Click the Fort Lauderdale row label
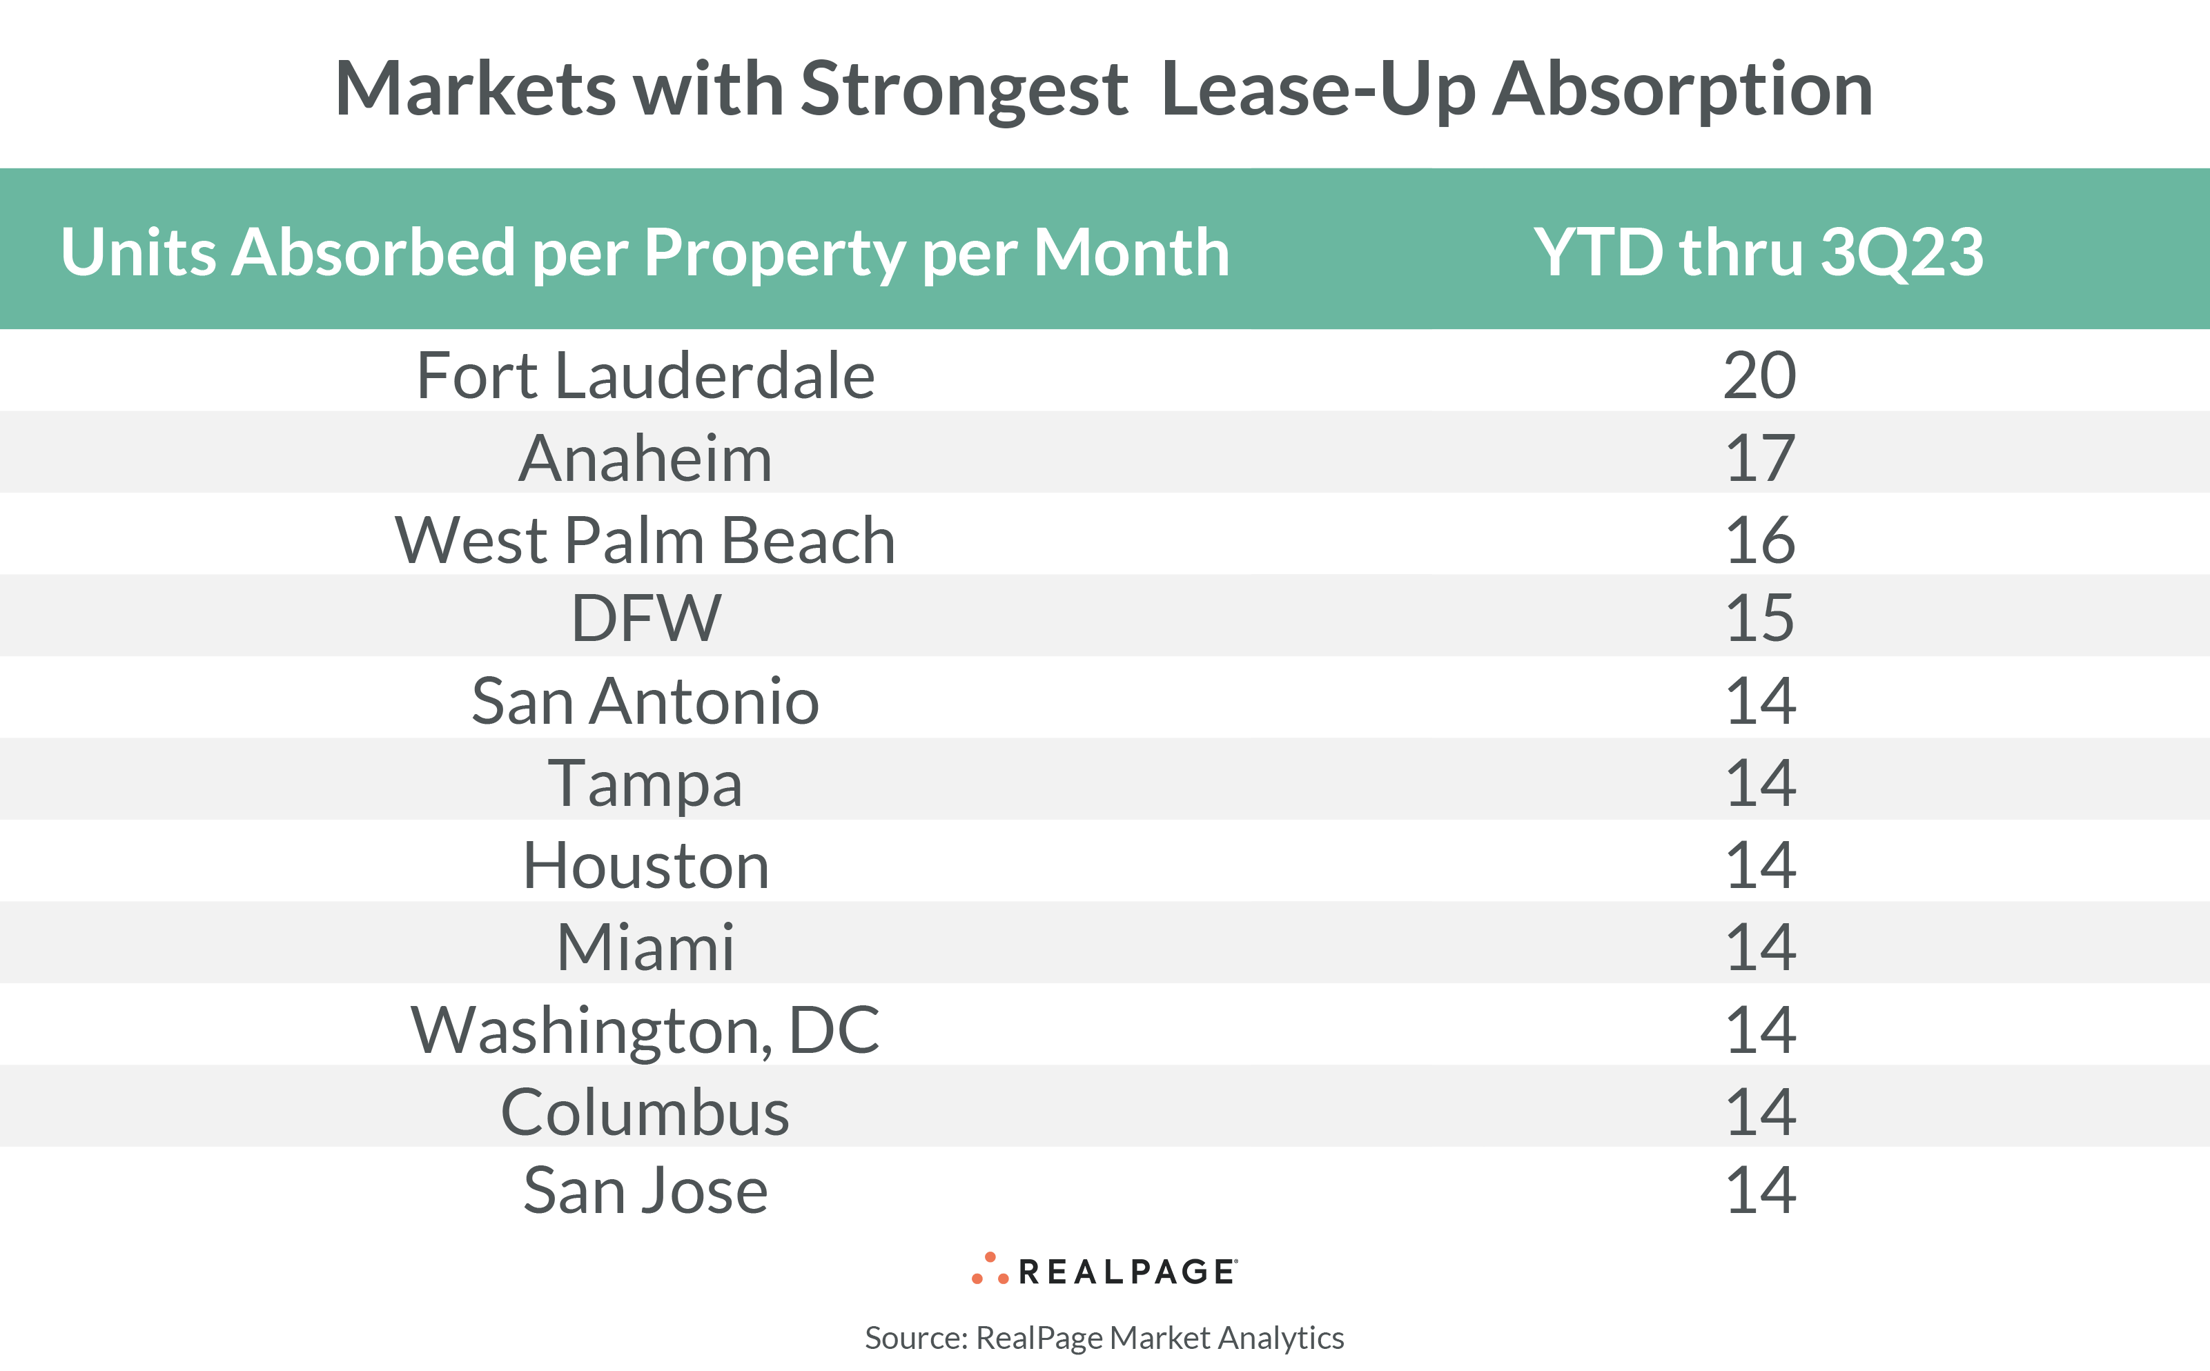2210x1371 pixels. coord(645,375)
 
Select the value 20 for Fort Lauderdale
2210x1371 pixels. coord(1759,375)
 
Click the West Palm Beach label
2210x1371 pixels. coord(645,540)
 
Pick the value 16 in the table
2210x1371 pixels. coord(1759,540)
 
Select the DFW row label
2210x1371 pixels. coord(645,618)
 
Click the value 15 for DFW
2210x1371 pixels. coord(1759,618)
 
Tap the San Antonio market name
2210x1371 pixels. coord(645,701)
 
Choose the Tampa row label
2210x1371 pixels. coord(645,783)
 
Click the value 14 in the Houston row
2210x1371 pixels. coord(1759,865)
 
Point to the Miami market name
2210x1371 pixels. coord(645,947)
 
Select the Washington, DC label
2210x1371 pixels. coord(645,1030)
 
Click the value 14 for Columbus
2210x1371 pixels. coord(1759,1112)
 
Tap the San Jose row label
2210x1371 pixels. coord(645,1190)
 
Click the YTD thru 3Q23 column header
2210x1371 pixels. coord(1757,251)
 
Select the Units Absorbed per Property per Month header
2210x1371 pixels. coord(645,251)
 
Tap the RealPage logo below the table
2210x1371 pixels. coord(1104,1270)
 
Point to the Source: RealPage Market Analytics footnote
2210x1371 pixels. coord(1104,1337)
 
